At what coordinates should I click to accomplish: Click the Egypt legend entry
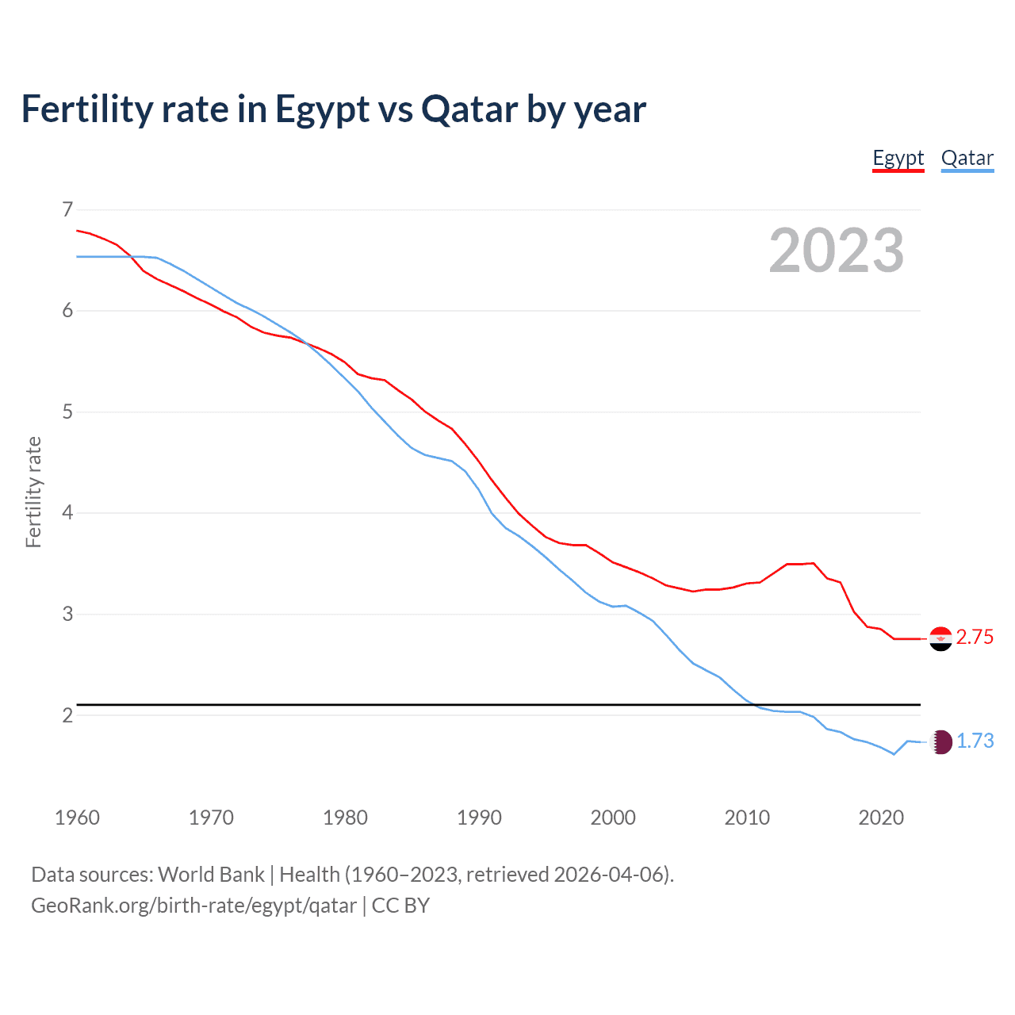pos(898,158)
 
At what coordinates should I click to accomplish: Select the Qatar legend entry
pos(967,158)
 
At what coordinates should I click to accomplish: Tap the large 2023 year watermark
pos(836,251)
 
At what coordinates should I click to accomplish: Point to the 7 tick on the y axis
pos(67,209)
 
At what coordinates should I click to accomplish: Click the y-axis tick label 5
pos(67,412)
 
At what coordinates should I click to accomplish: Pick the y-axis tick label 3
pos(67,614)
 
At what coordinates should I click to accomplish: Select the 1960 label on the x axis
pos(77,818)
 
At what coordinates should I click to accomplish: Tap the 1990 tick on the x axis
pos(479,818)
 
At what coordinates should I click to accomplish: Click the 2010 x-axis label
pos(747,818)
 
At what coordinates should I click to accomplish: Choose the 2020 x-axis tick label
pos(881,818)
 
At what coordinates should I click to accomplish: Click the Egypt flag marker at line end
pos(940,638)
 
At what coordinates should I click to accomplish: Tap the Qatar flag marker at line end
pos(940,741)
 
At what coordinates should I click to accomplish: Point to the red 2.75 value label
pos(975,638)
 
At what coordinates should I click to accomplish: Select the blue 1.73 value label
pos(975,741)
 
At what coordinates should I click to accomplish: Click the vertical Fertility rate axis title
pos(33,492)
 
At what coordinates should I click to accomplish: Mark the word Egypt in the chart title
pos(322,109)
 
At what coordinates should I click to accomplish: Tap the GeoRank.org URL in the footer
pos(193,906)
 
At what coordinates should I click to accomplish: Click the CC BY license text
pos(400,906)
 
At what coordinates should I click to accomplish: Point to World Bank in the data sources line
pos(211,875)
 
